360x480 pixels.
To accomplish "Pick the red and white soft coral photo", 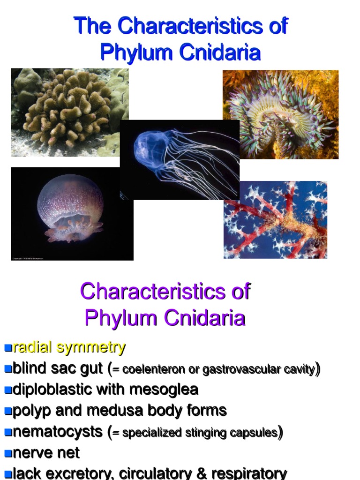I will tap(276, 220).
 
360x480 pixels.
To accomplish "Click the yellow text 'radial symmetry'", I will tap(69, 348).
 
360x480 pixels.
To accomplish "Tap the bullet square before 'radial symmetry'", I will tap(7, 348).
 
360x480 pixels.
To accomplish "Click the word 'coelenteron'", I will tap(153, 370).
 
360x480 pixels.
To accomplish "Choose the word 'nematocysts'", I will tap(58, 432).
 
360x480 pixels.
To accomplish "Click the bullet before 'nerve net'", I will tap(7, 453).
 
